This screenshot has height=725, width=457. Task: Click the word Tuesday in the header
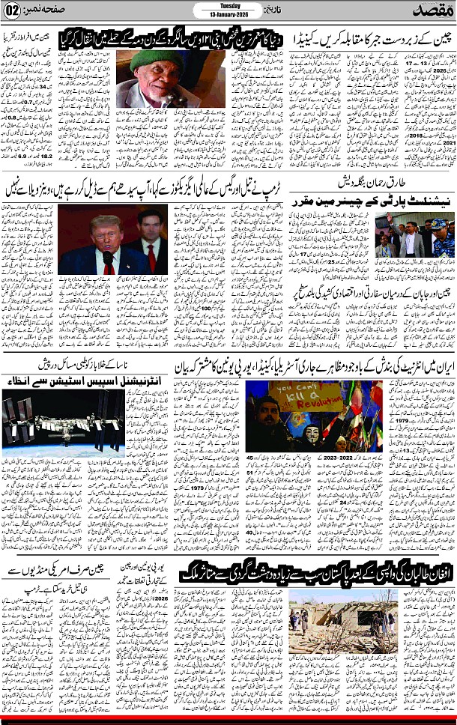228,6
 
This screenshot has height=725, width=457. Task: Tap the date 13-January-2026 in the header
228,16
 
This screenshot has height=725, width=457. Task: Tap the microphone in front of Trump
108,259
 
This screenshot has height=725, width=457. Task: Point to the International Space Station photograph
63,422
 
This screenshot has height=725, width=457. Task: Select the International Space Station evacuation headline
63,377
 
